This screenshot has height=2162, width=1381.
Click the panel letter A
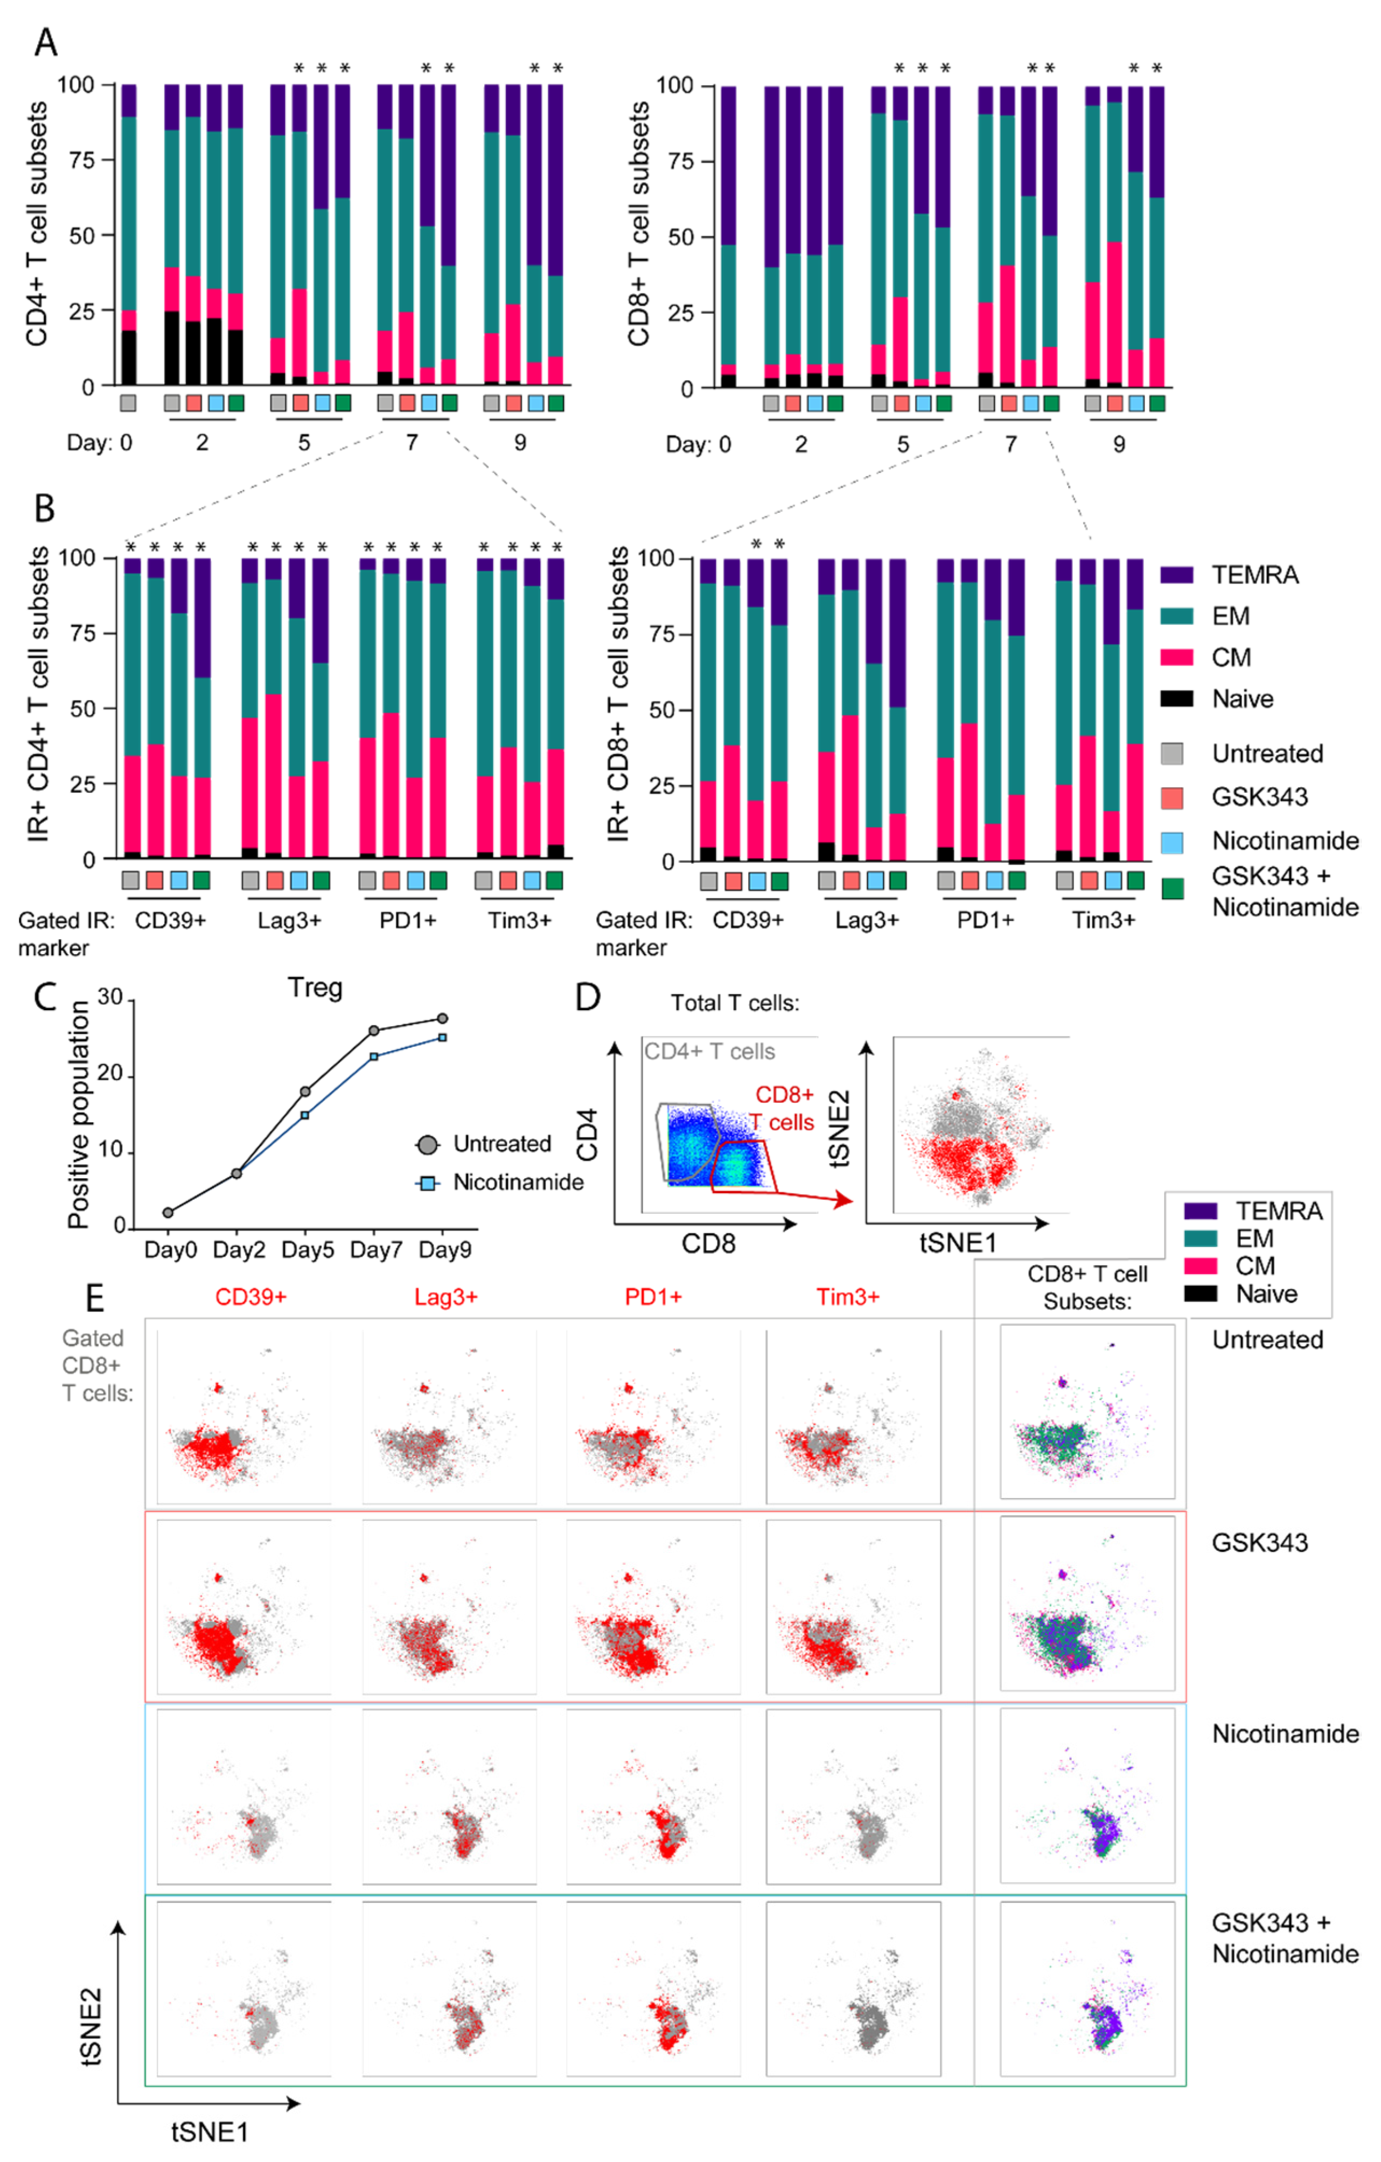click(45, 42)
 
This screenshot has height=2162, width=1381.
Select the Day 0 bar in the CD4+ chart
click(128, 235)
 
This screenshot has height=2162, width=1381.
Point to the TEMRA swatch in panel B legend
click(1176, 575)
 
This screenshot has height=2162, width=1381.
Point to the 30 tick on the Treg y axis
click(109, 997)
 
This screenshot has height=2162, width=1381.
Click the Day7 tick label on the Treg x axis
click(375, 1249)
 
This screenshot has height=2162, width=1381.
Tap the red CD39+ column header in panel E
click(250, 1297)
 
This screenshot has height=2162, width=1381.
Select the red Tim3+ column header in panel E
click(848, 1297)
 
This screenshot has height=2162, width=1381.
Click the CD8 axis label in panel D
click(708, 1243)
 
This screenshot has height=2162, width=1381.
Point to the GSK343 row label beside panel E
click(1260, 1543)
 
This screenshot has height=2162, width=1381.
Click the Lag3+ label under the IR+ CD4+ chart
click(289, 920)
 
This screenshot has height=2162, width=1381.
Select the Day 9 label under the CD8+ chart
click(1119, 444)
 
